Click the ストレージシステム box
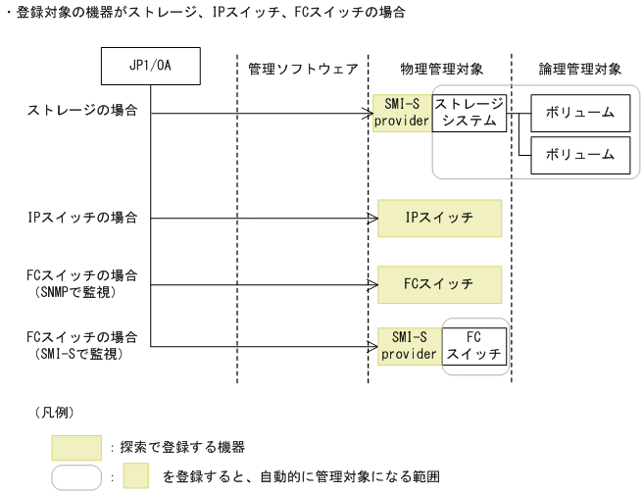(x=470, y=113)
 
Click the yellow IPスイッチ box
(x=440, y=219)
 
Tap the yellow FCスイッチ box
(x=440, y=283)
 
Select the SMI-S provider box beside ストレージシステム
(x=403, y=113)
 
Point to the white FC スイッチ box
(x=475, y=346)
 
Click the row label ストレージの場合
(x=81, y=113)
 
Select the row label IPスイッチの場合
(x=82, y=218)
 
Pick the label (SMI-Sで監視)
(x=81, y=354)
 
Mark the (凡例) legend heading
(x=55, y=412)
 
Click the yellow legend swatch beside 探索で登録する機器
(x=76, y=447)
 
